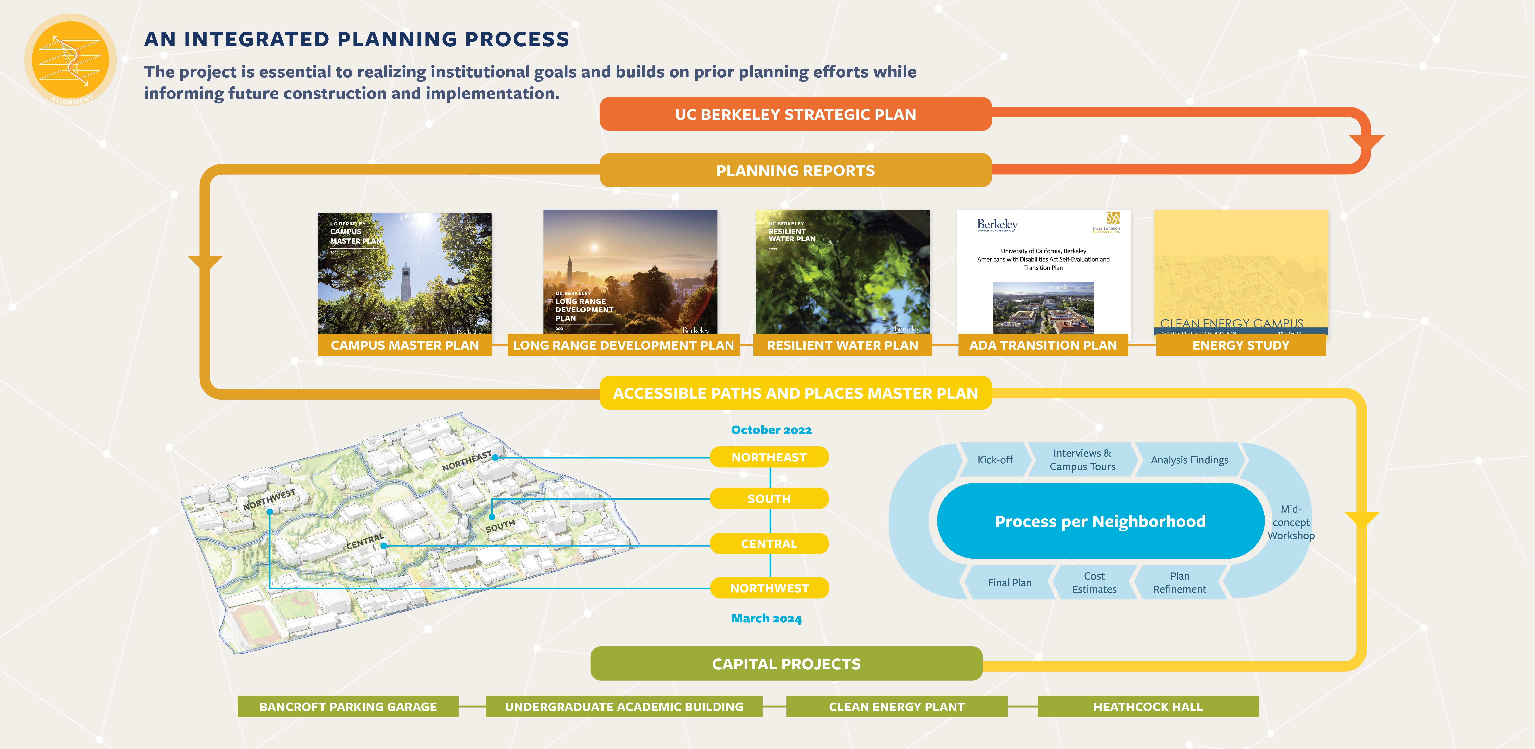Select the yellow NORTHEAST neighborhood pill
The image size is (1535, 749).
pyautogui.click(x=769, y=457)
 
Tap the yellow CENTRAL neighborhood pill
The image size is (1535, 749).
pyautogui.click(x=769, y=543)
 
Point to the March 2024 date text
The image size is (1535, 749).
pyautogui.click(x=766, y=619)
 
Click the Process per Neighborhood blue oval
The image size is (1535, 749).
pyautogui.click(x=1100, y=521)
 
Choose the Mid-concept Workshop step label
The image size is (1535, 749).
pyautogui.click(x=1291, y=522)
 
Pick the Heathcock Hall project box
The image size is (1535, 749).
pyautogui.click(x=1148, y=707)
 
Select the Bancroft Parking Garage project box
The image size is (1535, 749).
pyautogui.click(x=348, y=707)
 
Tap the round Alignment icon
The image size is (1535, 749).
pyautogui.click(x=70, y=60)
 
